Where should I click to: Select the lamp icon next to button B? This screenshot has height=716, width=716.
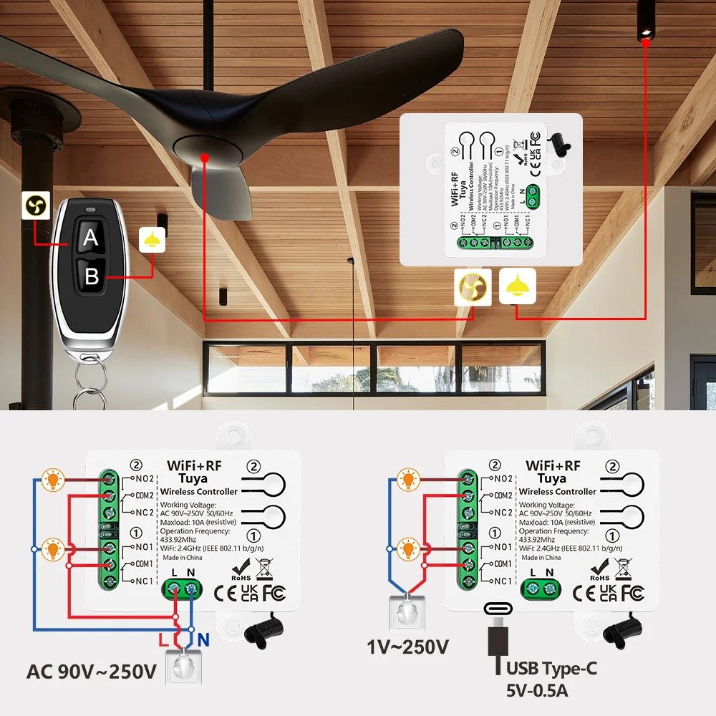pyautogui.click(x=152, y=241)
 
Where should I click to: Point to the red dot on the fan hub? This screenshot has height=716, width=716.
pyautogui.click(x=205, y=157)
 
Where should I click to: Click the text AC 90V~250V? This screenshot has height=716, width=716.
pyautogui.click(x=91, y=672)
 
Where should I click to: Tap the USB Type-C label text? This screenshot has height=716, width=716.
pyautogui.click(x=551, y=669)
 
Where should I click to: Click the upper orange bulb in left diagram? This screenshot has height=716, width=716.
pyautogui.click(x=52, y=480)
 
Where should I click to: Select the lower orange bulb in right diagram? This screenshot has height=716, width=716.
pyautogui.click(x=408, y=550)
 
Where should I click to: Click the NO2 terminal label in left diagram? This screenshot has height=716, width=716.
pyautogui.click(x=142, y=478)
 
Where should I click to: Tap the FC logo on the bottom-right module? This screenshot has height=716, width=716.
pyautogui.click(x=633, y=593)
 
